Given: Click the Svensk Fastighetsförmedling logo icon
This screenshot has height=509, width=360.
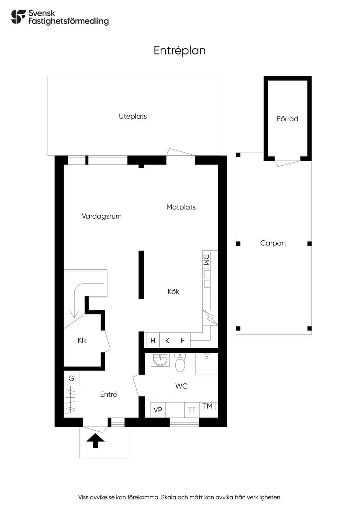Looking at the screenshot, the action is [x=18, y=17].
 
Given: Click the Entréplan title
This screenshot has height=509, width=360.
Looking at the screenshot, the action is [x=180, y=51].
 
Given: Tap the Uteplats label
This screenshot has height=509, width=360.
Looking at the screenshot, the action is [x=133, y=116].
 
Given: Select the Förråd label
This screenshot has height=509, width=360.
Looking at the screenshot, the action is [x=288, y=118].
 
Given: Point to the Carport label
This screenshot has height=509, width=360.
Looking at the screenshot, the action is [x=273, y=243].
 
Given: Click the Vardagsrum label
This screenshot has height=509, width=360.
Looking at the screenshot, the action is [x=102, y=216].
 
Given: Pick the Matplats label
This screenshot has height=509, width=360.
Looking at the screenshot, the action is [x=181, y=207].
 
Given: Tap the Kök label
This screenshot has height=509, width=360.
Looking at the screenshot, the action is [x=173, y=291].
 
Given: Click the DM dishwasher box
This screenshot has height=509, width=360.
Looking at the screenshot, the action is [x=206, y=260].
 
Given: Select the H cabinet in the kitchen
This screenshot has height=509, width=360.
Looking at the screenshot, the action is [x=153, y=340].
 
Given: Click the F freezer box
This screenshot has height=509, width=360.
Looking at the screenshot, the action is [x=182, y=340].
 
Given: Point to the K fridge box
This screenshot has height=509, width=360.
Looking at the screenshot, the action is [x=167, y=340].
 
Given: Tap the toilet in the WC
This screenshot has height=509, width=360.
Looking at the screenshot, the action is [x=180, y=363].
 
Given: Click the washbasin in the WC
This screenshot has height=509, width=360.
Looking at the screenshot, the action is [x=160, y=360].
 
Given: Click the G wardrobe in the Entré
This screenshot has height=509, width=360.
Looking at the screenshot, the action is [x=71, y=378].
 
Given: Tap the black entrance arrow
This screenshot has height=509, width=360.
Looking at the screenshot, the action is [x=96, y=441].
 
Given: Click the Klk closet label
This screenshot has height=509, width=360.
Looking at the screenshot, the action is [x=82, y=340].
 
